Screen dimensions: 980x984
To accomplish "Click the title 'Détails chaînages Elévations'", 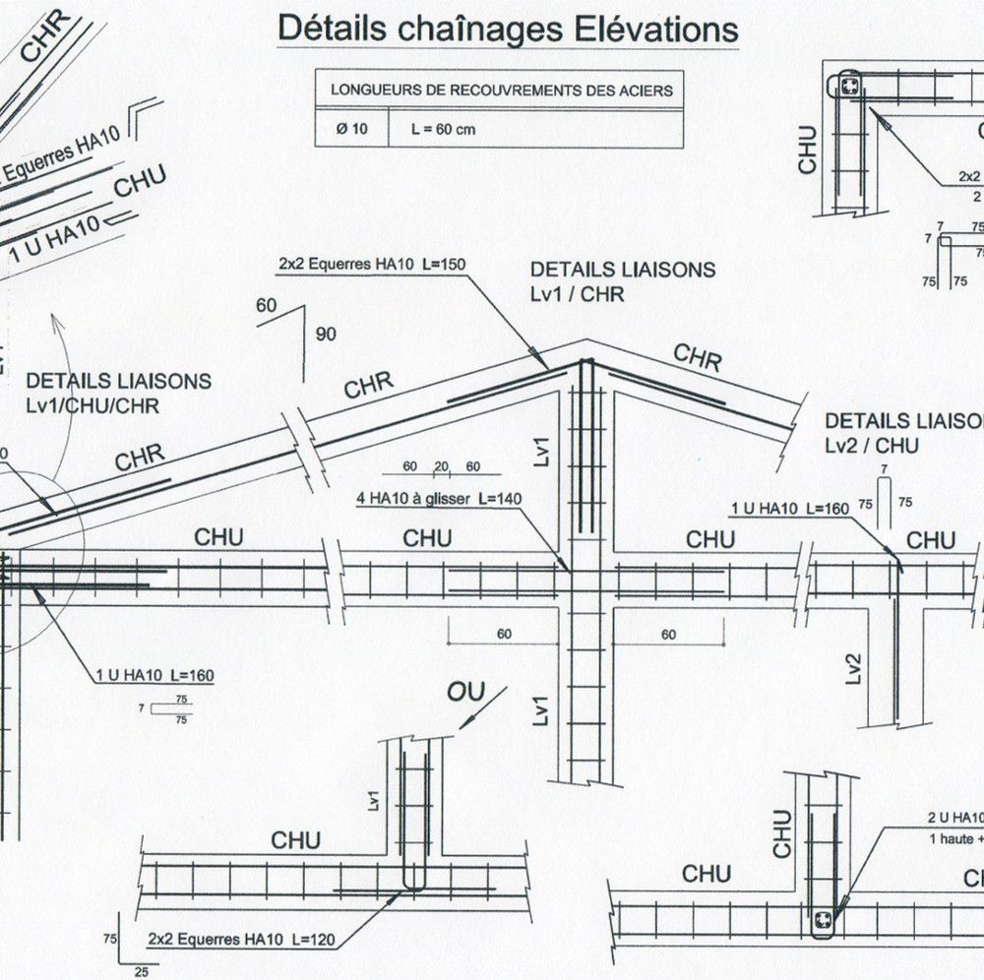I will (x=508, y=28).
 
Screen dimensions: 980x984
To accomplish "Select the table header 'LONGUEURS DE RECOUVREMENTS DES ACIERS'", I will (x=501, y=90).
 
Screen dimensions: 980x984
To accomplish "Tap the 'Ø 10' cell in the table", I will (x=351, y=129).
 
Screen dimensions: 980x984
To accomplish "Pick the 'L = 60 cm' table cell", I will (x=444, y=129).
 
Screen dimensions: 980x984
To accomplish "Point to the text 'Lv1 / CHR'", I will (x=577, y=293).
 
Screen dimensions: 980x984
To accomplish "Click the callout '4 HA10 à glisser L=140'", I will (x=439, y=499).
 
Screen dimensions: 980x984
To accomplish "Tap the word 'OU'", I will (x=466, y=692).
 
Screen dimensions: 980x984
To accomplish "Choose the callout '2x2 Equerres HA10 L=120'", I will (x=241, y=941).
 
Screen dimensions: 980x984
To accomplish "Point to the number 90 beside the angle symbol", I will (x=326, y=335).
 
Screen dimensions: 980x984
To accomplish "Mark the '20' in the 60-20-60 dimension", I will (x=441, y=466).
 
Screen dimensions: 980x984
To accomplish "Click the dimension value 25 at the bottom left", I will (x=141, y=972).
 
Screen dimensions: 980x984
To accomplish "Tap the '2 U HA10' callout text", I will (x=954, y=818).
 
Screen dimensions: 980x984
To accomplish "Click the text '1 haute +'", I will (x=955, y=838).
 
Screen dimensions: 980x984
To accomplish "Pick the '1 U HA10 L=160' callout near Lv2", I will (x=789, y=508).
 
